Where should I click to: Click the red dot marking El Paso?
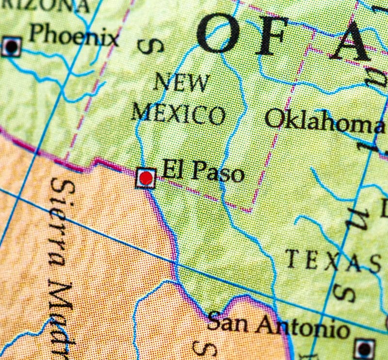point(145,178)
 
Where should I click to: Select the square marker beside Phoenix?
point(11,47)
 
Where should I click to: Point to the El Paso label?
point(203,171)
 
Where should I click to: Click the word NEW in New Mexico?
point(182,83)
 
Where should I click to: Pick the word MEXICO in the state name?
point(178,114)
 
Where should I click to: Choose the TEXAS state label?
point(333,262)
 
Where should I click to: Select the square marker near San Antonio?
point(364,348)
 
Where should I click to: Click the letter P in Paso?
point(195,171)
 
